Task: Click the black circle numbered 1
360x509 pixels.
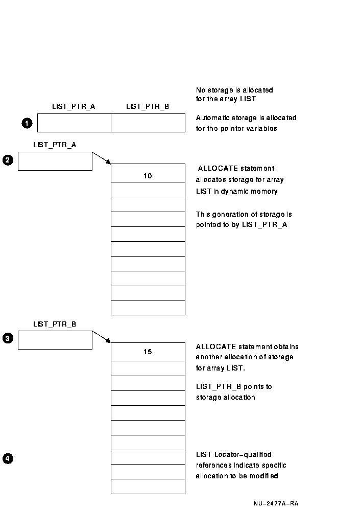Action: pyautogui.click(x=27, y=123)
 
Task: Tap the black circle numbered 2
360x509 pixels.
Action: pyautogui.click(x=8, y=160)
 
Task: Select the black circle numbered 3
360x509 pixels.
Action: pyautogui.click(x=8, y=338)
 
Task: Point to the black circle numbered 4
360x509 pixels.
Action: pyautogui.click(x=8, y=459)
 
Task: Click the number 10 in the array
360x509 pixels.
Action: pyautogui.click(x=148, y=176)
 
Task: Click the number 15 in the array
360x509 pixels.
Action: pyautogui.click(x=148, y=352)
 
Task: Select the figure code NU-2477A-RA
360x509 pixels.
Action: pyautogui.click(x=276, y=503)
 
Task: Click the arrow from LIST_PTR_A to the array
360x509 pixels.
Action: pyautogui.click(x=102, y=158)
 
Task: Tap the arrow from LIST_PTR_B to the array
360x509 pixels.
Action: pyautogui.click(x=102, y=337)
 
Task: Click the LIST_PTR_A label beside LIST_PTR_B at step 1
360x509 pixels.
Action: pyautogui.click(x=74, y=106)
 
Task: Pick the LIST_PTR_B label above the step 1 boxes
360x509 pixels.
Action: pyautogui.click(x=148, y=106)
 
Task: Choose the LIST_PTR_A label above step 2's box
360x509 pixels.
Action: pyautogui.click(x=55, y=145)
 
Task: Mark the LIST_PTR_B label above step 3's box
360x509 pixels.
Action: pyautogui.click(x=55, y=324)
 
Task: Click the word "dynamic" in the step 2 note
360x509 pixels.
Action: pyautogui.click(x=234, y=192)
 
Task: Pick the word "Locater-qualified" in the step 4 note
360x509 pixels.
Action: pyautogui.click(x=243, y=454)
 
